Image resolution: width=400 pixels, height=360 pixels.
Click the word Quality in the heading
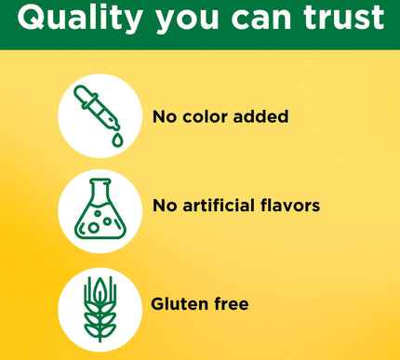coord(79,19)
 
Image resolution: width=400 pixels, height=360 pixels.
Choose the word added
coord(261,117)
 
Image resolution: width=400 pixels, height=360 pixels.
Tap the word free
coord(231,303)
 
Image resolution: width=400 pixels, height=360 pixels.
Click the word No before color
coord(165,117)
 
